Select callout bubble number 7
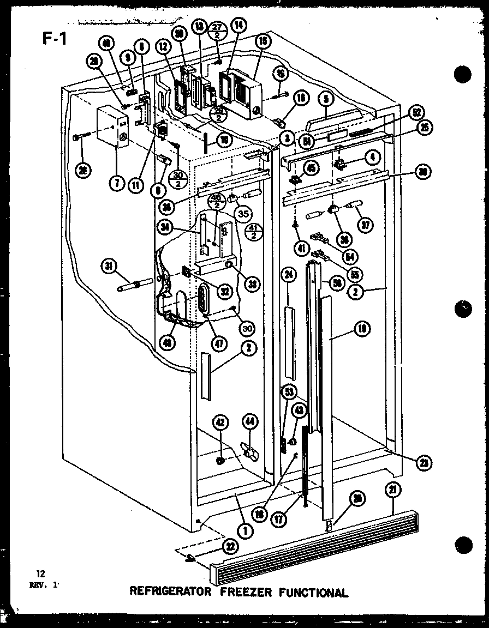(x=116, y=184)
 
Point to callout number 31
(x=109, y=266)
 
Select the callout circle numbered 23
(x=422, y=463)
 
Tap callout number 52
(x=417, y=112)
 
